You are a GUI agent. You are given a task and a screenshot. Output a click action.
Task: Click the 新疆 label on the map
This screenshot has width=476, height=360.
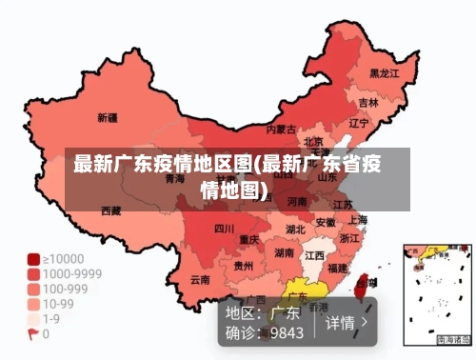point(108,118)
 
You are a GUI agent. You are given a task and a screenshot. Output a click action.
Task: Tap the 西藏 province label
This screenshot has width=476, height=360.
point(110,210)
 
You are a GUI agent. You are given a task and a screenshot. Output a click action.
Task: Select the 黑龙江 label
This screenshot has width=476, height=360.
point(385,72)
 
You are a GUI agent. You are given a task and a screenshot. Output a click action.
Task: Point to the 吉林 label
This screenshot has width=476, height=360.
point(368,101)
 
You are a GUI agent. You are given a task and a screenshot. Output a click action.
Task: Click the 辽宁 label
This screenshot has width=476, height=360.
point(359,123)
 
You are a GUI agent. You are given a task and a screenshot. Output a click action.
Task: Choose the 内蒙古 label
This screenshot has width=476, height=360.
point(281,129)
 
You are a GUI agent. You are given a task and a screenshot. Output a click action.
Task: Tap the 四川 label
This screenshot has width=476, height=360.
point(223,229)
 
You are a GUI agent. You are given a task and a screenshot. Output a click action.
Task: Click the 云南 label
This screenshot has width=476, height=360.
point(199,280)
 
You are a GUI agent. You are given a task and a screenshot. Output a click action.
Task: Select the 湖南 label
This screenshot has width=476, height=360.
point(284,253)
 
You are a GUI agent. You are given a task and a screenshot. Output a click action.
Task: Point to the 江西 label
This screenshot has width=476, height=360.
point(314,255)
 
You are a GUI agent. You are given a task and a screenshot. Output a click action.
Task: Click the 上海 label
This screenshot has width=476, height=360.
point(358,219)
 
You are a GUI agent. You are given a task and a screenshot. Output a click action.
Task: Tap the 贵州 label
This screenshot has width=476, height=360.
point(244,266)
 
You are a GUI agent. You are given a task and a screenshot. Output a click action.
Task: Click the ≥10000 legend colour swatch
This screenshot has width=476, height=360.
point(33,258)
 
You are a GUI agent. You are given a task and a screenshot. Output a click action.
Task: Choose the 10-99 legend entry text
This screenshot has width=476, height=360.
point(58,304)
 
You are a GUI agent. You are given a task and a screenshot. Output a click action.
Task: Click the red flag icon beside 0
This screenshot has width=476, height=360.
point(33,334)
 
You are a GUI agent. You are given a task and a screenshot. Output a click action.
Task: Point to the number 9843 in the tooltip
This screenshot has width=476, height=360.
point(287,332)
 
